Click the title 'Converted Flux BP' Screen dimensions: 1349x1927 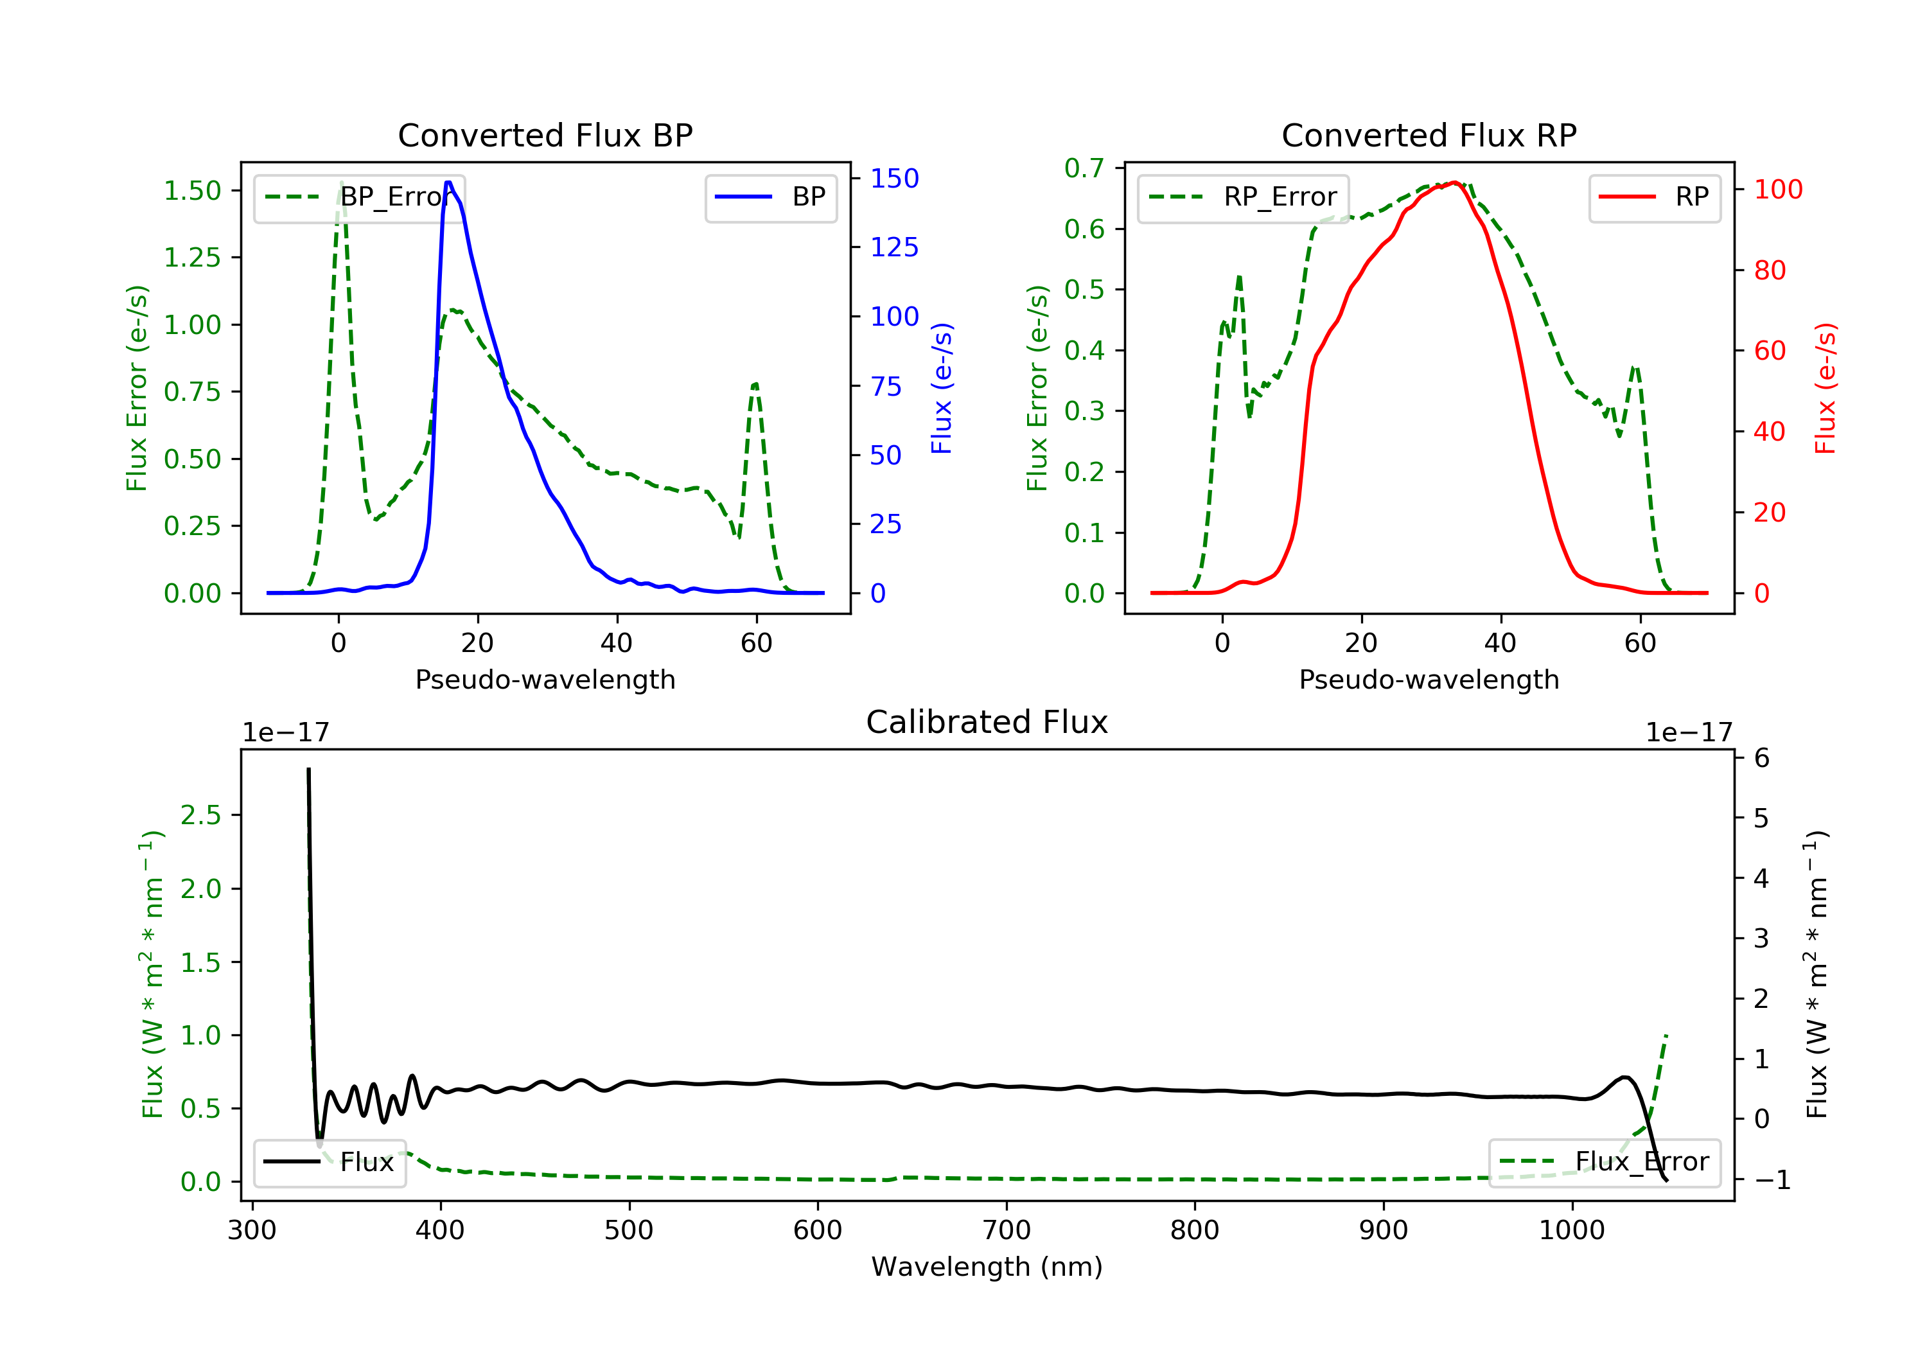point(545,135)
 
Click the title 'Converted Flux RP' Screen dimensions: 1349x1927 point(1429,135)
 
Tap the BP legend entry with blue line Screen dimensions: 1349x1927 point(771,197)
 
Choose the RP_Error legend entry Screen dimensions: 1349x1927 point(1244,197)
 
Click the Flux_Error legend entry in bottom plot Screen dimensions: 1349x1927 point(1604,1162)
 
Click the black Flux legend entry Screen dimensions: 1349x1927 point(330,1162)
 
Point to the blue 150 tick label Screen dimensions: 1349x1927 point(894,178)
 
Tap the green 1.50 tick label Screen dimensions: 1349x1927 point(192,191)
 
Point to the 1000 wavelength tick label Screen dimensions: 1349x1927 point(1571,1231)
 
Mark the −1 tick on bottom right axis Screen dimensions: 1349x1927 point(1772,1179)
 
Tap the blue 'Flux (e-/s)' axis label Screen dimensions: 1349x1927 point(942,388)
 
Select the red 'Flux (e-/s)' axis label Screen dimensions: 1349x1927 point(1826,388)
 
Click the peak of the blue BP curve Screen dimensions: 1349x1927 point(448,182)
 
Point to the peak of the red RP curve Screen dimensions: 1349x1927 point(1454,182)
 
